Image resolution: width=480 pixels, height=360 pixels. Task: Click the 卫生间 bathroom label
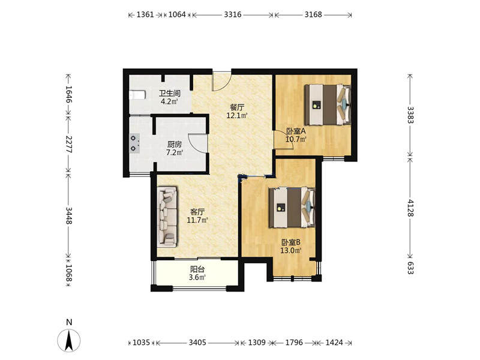click(x=169, y=94)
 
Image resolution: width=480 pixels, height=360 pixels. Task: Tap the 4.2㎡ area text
click(x=169, y=101)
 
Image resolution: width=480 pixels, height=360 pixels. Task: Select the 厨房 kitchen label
click(x=174, y=144)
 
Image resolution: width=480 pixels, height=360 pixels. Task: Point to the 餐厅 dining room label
click(x=237, y=107)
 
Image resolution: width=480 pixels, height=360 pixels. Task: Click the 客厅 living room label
click(x=197, y=212)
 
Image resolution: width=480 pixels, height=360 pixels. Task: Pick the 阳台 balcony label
click(x=197, y=269)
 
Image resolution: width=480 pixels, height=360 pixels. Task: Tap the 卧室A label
click(x=296, y=131)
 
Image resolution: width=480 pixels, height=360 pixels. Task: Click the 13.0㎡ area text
click(x=291, y=251)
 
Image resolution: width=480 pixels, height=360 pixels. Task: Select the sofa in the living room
click(x=167, y=217)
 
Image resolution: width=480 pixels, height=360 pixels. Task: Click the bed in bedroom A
click(x=327, y=104)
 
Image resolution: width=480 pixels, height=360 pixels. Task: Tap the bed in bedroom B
click(x=292, y=207)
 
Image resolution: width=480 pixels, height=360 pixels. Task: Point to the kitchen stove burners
click(x=134, y=143)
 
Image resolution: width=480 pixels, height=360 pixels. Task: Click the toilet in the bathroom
click(x=137, y=95)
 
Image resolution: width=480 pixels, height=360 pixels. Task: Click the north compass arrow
click(x=69, y=340)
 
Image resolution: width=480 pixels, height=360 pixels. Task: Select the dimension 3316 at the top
click(x=233, y=14)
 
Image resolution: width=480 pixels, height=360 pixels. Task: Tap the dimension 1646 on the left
click(x=69, y=94)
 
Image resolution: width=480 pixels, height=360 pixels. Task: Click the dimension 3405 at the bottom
click(x=197, y=342)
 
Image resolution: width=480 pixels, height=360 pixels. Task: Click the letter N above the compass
click(x=69, y=322)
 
